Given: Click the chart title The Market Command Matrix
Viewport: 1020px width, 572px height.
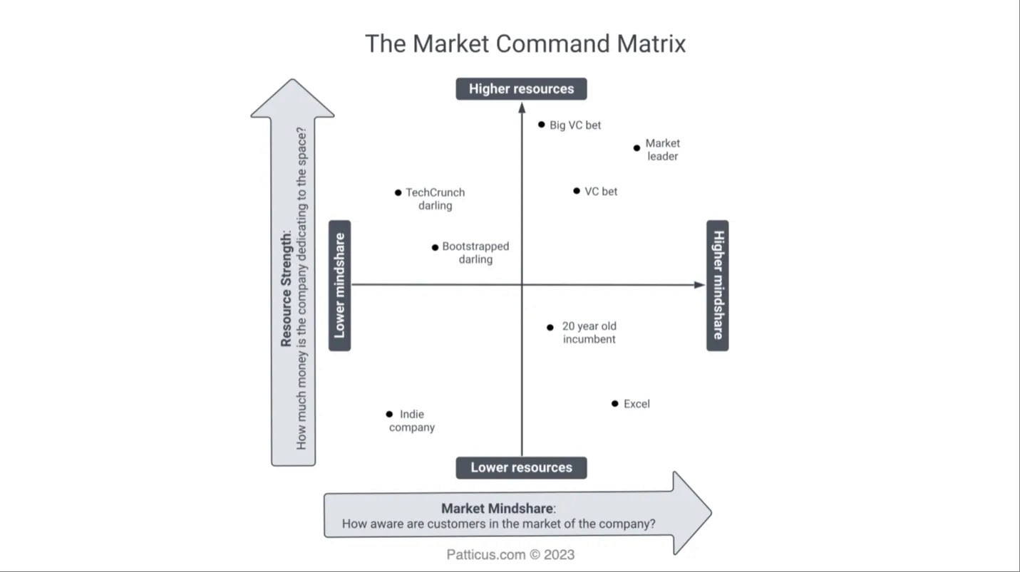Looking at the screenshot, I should tap(525, 44).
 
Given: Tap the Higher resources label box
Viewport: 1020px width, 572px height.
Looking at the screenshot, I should tap(521, 89).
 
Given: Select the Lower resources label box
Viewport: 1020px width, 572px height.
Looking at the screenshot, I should tap(521, 468).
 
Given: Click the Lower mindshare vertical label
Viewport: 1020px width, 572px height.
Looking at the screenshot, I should tap(340, 286).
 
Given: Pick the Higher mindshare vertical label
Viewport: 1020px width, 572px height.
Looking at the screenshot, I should tap(718, 286).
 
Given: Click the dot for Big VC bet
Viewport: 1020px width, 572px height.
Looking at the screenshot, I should tap(542, 125).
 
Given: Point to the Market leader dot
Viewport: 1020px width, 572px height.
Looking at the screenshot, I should tap(637, 148).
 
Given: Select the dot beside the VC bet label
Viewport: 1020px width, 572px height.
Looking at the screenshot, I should tap(577, 191).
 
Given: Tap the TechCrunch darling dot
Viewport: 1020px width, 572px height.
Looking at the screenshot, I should tap(398, 192).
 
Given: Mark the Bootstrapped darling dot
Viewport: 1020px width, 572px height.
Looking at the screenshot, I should tap(435, 247).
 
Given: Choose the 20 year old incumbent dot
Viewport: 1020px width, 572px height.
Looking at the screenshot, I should tap(550, 328).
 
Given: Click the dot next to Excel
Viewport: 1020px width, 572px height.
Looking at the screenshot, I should tap(614, 404).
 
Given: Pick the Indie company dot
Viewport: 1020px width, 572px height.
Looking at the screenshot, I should tap(389, 414).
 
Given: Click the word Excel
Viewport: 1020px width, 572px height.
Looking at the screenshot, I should tap(637, 404).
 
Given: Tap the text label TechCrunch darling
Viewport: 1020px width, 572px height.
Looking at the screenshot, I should tap(435, 199).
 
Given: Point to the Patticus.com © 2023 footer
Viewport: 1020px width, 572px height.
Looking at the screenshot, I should tap(510, 555).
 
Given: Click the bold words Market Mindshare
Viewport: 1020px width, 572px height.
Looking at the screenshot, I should tap(497, 509).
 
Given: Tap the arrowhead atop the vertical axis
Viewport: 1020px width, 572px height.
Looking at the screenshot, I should tap(522, 108).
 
